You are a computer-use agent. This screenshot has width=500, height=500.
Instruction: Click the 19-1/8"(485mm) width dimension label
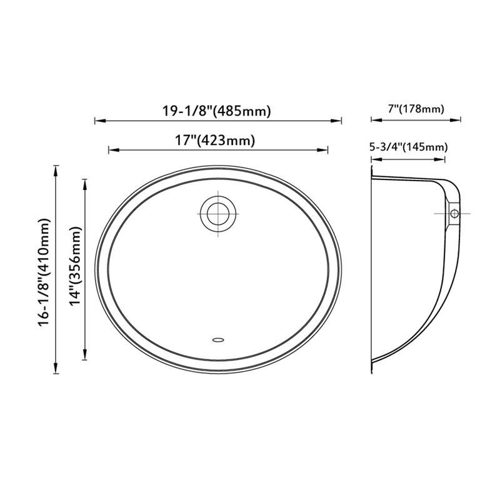[x=216, y=111]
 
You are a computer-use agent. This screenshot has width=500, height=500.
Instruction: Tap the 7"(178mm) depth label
[x=416, y=109]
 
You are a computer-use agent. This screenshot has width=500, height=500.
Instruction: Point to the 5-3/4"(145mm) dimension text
[x=409, y=147]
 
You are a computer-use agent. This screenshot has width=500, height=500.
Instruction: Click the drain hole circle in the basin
[x=218, y=212]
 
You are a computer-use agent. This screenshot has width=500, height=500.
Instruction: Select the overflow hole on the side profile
[x=454, y=214]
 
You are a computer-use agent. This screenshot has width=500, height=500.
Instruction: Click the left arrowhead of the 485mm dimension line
[x=97, y=121]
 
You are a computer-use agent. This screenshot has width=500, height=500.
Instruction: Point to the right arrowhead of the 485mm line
[x=340, y=121]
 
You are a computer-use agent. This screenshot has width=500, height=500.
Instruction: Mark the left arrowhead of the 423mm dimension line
[x=111, y=149]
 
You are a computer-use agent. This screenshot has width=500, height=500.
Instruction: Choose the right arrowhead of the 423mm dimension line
[x=326, y=149]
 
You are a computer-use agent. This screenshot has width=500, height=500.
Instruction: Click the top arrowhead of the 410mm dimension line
[x=56, y=167]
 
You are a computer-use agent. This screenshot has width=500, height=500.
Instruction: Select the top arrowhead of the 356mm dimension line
[x=85, y=180]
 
